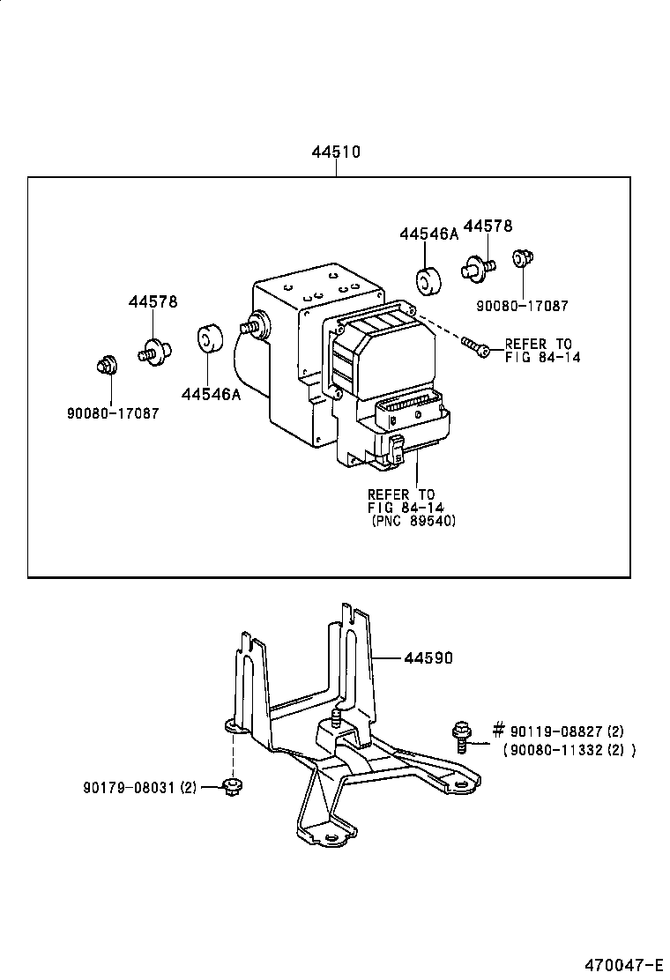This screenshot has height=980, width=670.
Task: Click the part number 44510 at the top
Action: click(x=336, y=152)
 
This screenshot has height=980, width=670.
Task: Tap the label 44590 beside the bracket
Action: click(x=428, y=657)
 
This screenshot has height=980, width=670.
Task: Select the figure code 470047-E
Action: click(x=623, y=964)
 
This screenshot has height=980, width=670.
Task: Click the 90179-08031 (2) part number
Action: click(x=139, y=788)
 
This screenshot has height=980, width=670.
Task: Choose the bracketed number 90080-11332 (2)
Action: click(x=569, y=750)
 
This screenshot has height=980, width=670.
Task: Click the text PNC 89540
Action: click(x=413, y=521)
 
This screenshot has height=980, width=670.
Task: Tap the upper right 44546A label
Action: click(x=428, y=234)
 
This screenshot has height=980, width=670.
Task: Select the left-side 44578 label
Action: click(x=153, y=301)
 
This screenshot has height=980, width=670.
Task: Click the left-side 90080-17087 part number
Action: click(x=113, y=413)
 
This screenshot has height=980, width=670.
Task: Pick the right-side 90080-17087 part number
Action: click(x=523, y=306)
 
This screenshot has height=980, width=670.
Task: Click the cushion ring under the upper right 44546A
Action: click(x=429, y=281)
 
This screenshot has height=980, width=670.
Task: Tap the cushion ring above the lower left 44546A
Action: click(x=211, y=338)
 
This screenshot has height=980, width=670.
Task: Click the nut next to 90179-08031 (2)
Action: click(x=233, y=787)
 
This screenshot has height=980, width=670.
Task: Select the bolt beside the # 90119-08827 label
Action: click(x=461, y=736)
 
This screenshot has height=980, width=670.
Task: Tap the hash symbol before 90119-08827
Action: click(x=498, y=730)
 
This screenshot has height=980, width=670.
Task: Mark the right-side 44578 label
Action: click(x=488, y=226)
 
